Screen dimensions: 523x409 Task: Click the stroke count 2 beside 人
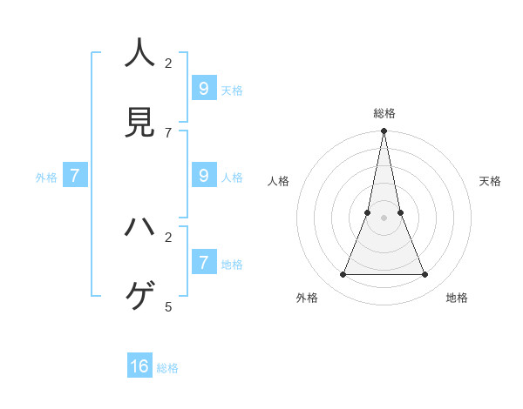click(168, 63)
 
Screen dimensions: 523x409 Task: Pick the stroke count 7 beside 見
click(168, 132)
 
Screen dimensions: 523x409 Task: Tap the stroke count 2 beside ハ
click(168, 237)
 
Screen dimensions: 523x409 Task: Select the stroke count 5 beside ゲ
click(168, 306)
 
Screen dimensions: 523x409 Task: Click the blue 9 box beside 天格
click(203, 89)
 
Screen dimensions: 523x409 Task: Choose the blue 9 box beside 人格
click(203, 175)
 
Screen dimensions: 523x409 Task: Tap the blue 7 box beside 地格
click(203, 262)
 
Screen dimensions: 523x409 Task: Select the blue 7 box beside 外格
click(75, 176)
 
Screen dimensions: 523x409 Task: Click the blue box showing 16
click(139, 366)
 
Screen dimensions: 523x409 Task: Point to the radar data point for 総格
click(384, 131)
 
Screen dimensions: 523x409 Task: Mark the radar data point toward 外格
click(343, 274)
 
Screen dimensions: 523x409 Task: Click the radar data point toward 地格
click(425, 274)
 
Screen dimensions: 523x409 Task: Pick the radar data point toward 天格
click(400, 212)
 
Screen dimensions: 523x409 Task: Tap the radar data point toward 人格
click(368, 212)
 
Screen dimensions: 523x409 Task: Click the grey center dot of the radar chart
click(384, 218)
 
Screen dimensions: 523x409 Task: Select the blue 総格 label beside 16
click(168, 368)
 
